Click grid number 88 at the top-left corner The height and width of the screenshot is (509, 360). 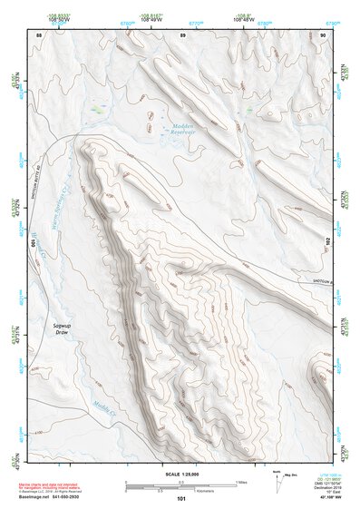pos(38,34)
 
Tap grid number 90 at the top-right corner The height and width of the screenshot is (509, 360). pos(324,34)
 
